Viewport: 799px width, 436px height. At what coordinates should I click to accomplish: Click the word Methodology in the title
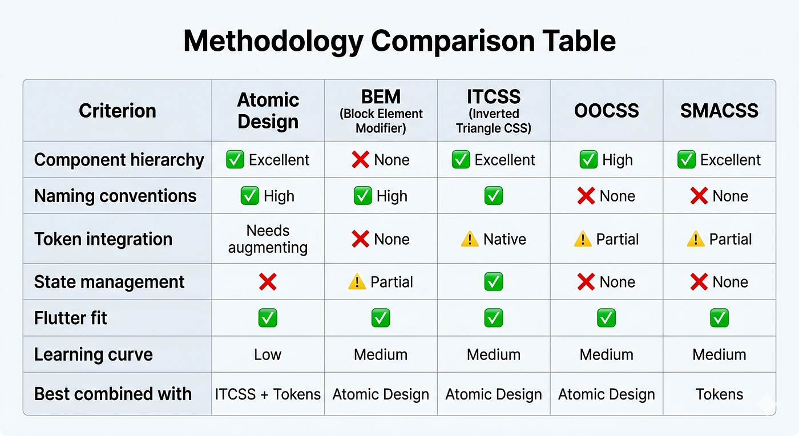[x=273, y=42]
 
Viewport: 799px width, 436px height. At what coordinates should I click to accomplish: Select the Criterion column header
[x=118, y=111]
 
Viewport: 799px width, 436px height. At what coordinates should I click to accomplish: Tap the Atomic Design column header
[x=268, y=111]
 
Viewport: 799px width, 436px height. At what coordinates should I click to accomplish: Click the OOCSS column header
[x=606, y=111]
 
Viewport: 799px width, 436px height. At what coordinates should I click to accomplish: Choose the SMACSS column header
[x=719, y=111]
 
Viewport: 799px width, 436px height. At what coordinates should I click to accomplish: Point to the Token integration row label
[x=103, y=239]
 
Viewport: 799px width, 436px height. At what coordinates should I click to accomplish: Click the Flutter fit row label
[x=70, y=318]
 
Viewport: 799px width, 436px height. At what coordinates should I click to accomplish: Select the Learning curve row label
[x=94, y=354]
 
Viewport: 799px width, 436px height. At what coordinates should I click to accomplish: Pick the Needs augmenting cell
[x=268, y=239]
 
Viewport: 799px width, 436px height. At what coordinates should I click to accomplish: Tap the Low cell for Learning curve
[x=268, y=354]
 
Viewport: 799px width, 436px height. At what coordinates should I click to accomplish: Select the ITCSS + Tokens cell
[x=268, y=394]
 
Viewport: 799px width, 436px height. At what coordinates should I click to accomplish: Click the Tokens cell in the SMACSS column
[x=719, y=394]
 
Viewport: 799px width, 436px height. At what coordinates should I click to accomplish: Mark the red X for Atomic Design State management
[x=268, y=282]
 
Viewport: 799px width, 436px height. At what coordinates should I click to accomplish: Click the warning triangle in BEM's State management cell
[x=357, y=282]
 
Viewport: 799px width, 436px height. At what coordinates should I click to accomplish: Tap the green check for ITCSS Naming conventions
[x=494, y=196]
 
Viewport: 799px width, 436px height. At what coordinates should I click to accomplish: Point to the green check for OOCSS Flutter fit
[x=606, y=318]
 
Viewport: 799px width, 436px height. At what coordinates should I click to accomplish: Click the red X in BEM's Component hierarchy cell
[x=360, y=159]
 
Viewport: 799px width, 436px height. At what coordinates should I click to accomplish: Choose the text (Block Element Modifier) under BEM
[x=381, y=121]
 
